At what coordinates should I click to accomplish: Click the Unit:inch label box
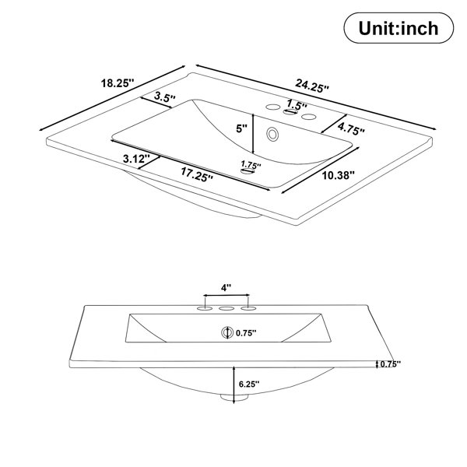(x=399, y=28)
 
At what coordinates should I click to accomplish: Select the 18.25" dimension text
(x=118, y=83)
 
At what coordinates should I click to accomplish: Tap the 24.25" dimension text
(x=312, y=86)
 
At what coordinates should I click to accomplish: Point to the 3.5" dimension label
(x=165, y=97)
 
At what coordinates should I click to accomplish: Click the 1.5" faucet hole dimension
(x=297, y=104)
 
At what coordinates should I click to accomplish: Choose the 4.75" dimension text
(x=351, y=129)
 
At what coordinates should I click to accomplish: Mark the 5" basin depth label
(x=241, y=128)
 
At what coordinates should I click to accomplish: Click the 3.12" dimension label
(x=136, y=159)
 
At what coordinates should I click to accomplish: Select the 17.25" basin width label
(x=197, y=174)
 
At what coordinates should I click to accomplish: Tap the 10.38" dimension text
(x=339, y=175)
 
